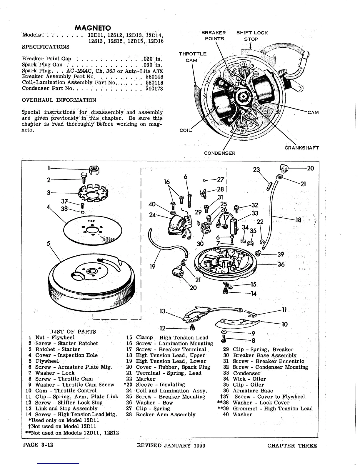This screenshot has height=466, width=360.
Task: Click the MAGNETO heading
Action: tap(93, 28)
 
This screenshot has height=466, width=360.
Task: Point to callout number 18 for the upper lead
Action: tap(299, 220)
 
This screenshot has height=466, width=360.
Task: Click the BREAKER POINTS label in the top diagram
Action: tap(214, 36)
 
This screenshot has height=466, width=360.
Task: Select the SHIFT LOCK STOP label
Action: tap(252, 36)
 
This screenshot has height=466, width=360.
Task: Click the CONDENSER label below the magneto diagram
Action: tap(220, 153)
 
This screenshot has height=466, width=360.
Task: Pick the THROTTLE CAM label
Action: tap(192, 57)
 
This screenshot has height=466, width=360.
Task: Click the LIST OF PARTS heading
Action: tap(74, 332)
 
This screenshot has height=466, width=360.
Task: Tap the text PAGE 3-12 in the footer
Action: tap(38, 445)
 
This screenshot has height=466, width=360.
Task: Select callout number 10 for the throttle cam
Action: tap(284, 324)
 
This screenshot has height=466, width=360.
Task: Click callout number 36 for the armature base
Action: tap(281, 264)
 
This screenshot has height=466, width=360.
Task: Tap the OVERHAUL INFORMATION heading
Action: tap(59, 100)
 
